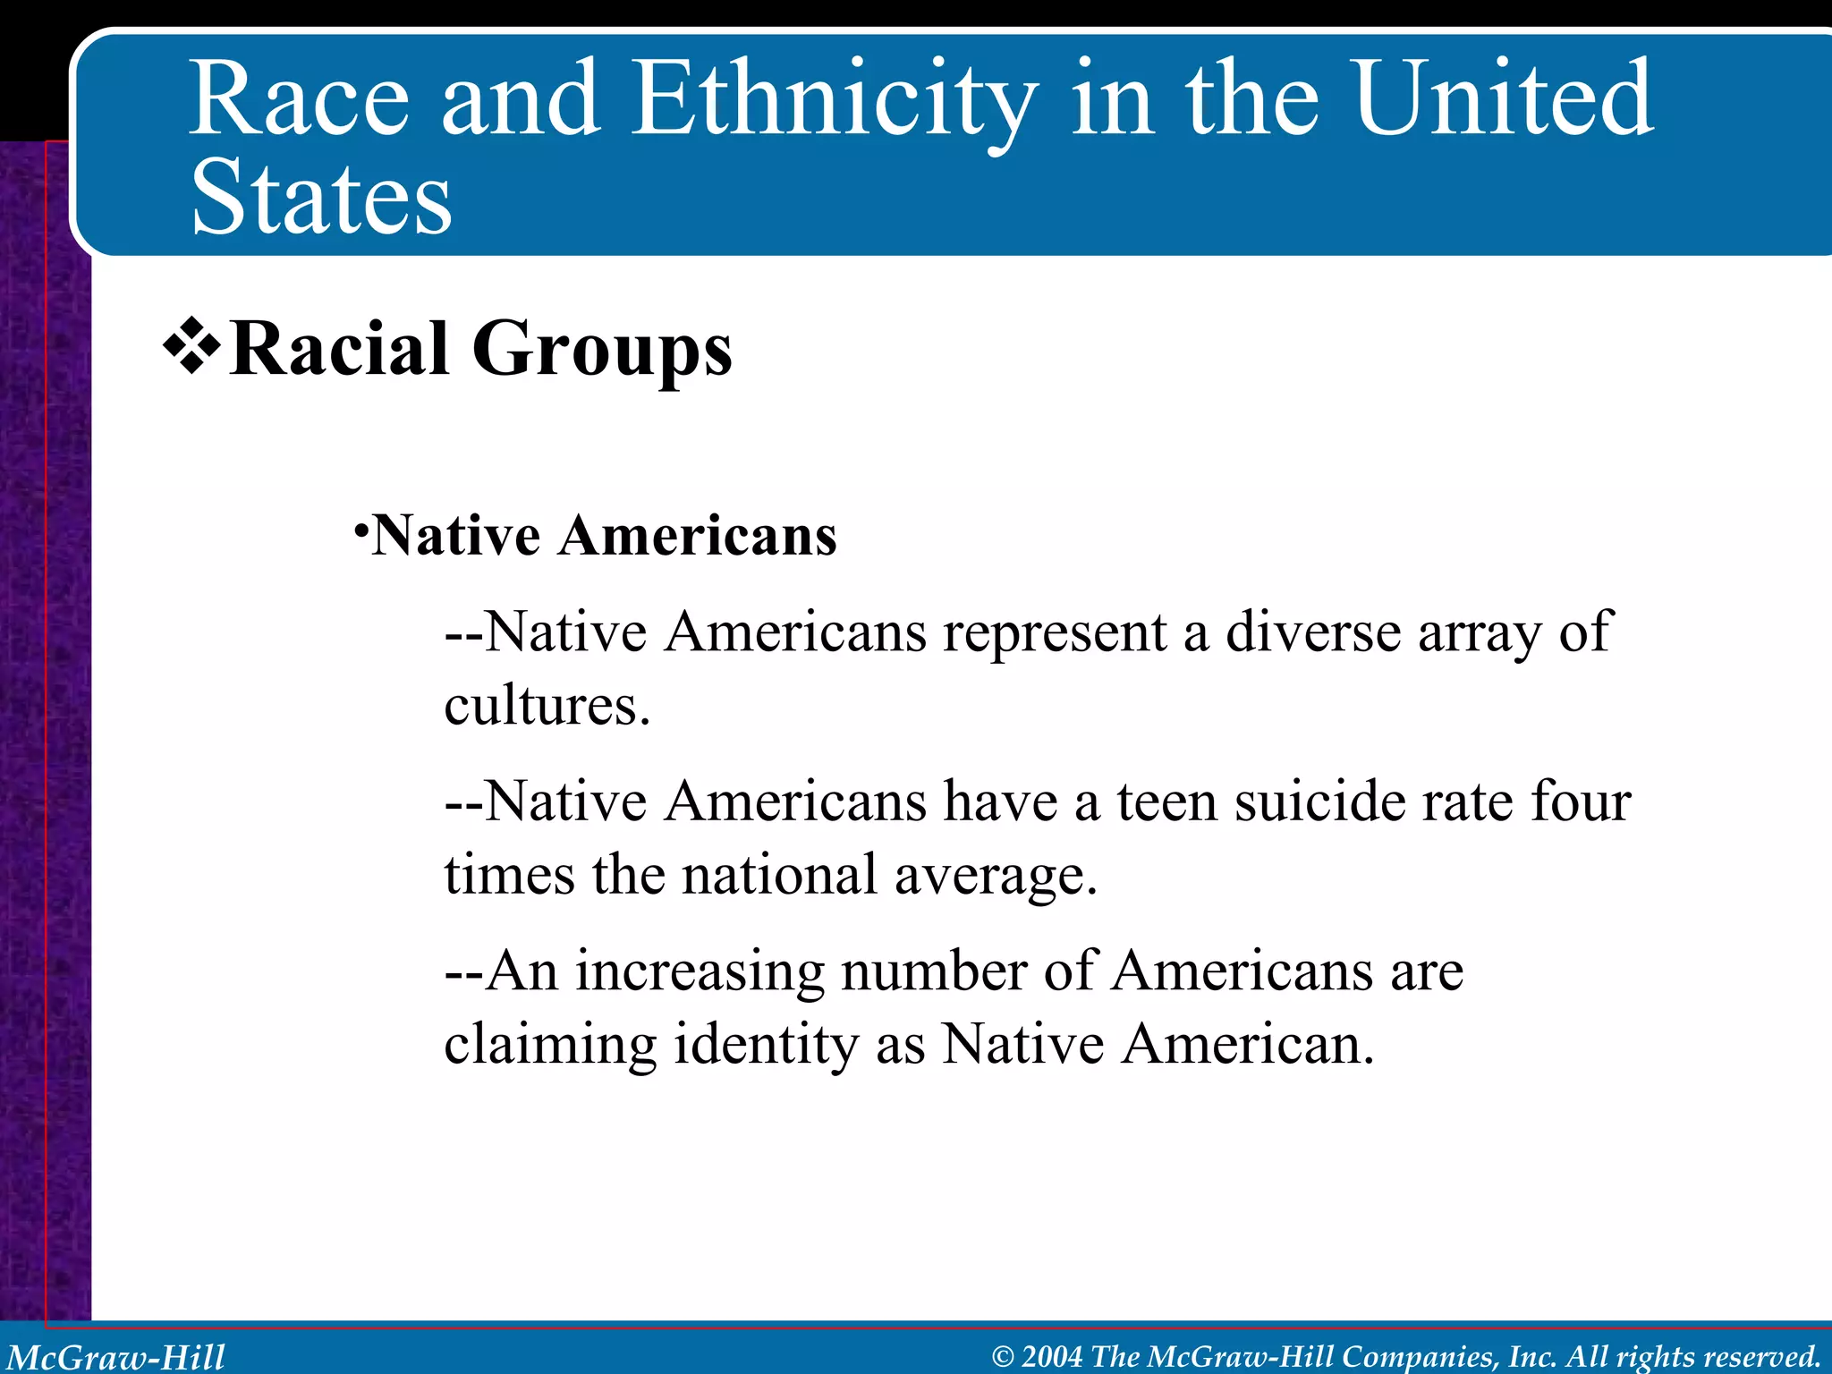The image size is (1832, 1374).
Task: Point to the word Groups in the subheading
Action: coord(601,352)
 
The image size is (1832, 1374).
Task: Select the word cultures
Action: coord(545,707)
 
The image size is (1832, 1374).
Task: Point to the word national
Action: coord(779,875)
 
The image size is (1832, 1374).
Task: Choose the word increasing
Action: coord(699,972)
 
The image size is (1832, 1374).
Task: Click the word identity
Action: coord(766,1045)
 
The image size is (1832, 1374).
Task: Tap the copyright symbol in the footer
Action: coord(1003,1357)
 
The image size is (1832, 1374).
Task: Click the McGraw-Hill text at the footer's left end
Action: coord(116,1357)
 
